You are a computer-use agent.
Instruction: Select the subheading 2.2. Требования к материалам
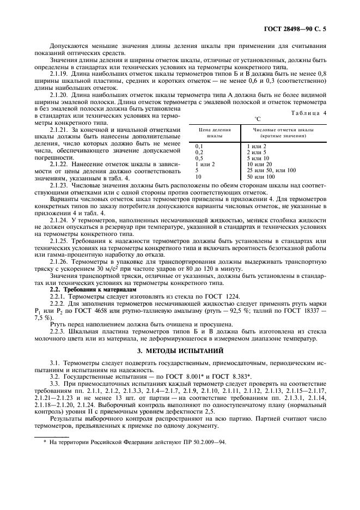tap(83, 289)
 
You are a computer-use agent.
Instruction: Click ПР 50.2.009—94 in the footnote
tap(201, 427)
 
